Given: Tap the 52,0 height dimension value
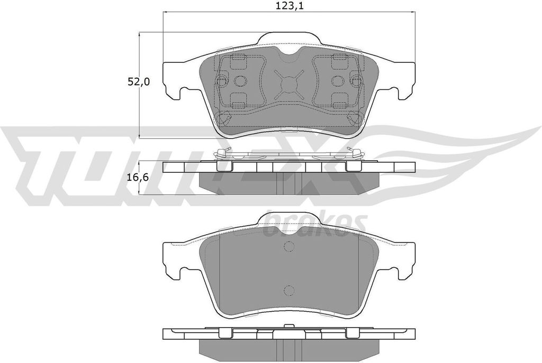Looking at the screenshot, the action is click(x=139, y=82).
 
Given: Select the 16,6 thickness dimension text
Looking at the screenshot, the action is click(x=138, y=178).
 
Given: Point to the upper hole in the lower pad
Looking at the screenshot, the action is click(x=288, y=246).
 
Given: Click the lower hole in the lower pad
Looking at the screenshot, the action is click(x=288, y=291).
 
